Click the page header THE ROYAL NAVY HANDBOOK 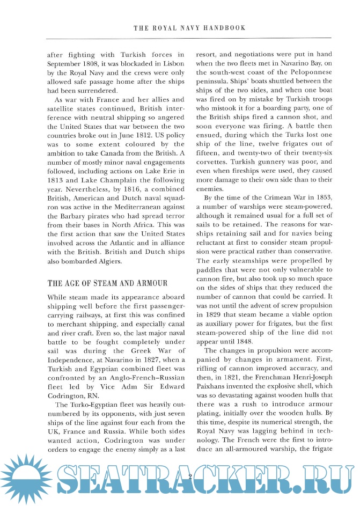tap(189, 28)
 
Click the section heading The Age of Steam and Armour tap(108, 283)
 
